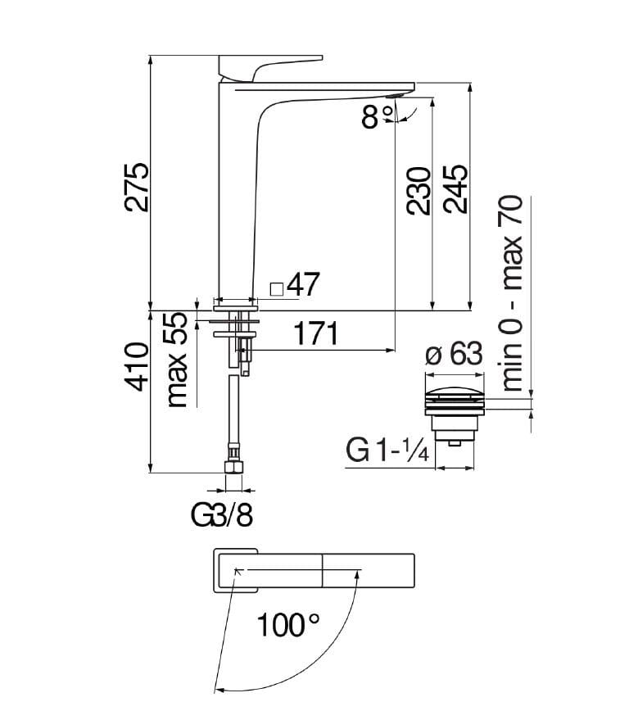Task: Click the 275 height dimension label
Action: click(137, 187)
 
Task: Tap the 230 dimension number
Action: click(419, 191)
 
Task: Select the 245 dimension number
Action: click(456, 188)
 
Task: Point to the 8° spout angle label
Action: click(378, 116)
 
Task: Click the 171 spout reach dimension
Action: click(316, 333)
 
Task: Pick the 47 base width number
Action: click(302, 284)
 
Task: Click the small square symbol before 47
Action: click(277, 289)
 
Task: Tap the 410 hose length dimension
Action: click(138, 366)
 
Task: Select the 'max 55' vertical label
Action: click(176, 360)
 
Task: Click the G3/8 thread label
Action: click(222, 515)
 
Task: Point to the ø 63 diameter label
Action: click(454, 354)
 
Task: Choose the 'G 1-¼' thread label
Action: click(387, 450)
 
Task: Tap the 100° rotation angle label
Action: click(287, 624)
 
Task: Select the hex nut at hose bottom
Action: click(233, 467)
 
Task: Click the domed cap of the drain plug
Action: click(455, 392)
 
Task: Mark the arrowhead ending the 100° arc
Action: click(218, 690)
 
